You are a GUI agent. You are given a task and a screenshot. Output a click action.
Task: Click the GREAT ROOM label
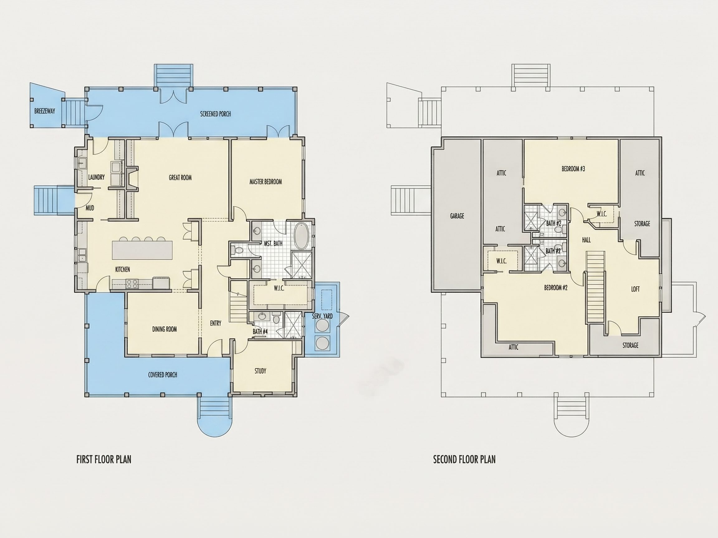180,177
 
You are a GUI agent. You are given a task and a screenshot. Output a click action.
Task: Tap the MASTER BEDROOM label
266,182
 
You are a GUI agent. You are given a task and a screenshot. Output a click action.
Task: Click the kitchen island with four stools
142,250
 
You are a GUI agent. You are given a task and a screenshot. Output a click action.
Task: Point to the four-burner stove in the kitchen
132,284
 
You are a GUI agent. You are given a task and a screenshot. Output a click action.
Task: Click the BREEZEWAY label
45,111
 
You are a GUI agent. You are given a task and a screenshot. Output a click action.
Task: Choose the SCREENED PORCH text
216,114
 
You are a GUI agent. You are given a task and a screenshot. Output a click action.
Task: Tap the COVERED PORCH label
163,375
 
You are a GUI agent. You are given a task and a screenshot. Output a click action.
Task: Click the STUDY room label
260,371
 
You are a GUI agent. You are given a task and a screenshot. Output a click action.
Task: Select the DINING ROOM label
165,329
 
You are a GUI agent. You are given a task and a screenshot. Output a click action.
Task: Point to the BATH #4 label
260,332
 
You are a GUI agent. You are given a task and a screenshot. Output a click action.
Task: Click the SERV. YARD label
322,316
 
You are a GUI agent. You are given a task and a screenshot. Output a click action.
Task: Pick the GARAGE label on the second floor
457,216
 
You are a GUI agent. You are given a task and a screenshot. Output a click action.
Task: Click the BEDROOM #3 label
573,169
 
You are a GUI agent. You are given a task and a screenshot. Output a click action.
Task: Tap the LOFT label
635,289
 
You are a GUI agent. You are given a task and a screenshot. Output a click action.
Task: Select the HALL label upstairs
586,240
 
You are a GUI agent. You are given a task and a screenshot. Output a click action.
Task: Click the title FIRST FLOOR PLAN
104,460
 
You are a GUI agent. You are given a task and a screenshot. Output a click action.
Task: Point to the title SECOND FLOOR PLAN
465,460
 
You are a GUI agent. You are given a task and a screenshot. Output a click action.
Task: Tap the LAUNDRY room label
96,177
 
